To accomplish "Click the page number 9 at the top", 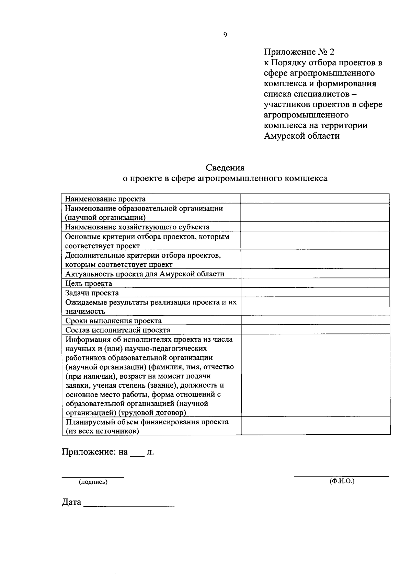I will point(225,34).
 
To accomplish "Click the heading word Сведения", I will point(225,168).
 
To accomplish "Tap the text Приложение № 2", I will point(299,52).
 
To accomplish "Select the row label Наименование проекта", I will point(105,199).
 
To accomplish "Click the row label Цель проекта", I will point(89,284).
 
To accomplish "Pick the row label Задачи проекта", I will point(92,293).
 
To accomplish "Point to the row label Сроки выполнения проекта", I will point(113,321).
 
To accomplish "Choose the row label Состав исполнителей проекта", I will point(118,330).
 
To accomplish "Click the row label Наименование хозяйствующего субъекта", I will point(137,227).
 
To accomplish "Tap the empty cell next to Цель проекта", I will point(315,283).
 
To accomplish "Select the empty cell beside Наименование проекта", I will point(315,199).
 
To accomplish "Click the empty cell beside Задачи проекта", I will point(315,293).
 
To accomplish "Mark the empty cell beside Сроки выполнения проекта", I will point(315,320).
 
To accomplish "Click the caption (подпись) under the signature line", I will point(93,482).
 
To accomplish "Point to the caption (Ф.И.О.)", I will point(342,481).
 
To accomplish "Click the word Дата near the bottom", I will point(71,502).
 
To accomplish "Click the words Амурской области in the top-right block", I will point(302,136).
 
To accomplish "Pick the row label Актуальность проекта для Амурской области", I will point(145,274).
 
